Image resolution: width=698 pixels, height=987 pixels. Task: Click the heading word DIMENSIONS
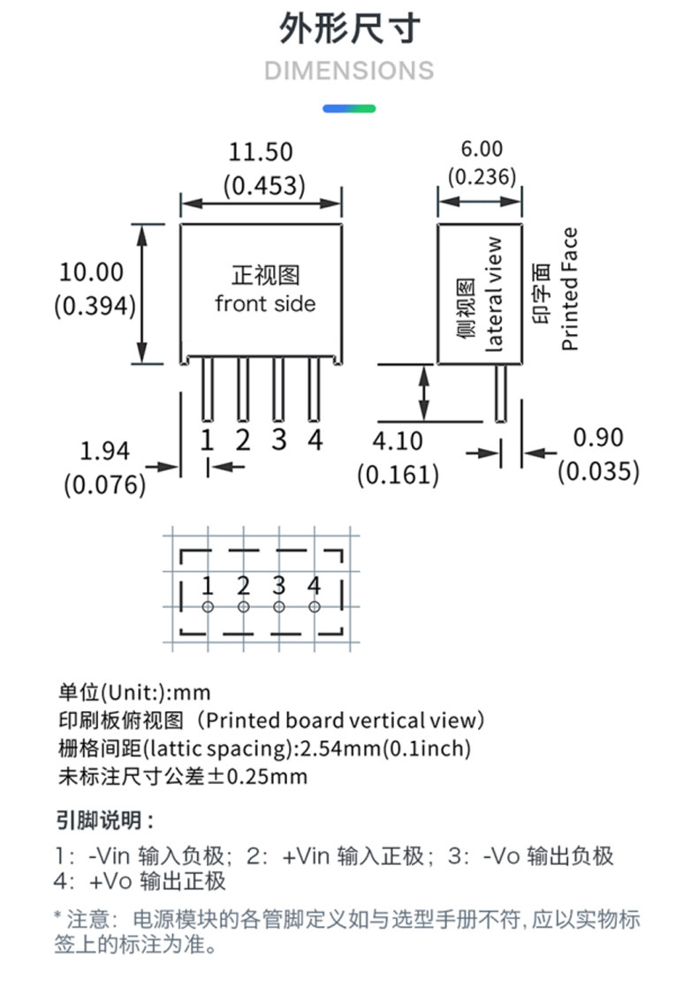coord(349,70)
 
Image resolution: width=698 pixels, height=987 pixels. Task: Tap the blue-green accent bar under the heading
coord(349,109)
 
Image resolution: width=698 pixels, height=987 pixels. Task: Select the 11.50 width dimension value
coord(261,152)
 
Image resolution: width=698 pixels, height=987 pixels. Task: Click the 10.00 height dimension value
coord(92,272)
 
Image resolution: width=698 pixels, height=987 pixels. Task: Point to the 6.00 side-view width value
coord(481,148)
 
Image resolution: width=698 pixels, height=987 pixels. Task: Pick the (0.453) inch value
coord(263,186)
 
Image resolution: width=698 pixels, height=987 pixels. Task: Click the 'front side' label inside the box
coord(265,304)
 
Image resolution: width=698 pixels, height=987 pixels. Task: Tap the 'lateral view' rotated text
coord(493,293)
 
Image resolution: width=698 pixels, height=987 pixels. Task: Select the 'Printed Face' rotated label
coord(570,289)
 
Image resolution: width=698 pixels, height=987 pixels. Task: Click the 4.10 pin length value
coord(398,440)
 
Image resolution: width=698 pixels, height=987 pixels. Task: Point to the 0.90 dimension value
coord(598,437)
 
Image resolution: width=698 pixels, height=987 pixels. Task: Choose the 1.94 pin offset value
coord(104,452)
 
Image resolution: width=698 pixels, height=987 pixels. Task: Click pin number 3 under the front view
coord(279,438)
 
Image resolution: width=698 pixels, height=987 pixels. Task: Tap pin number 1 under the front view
coord(207,438)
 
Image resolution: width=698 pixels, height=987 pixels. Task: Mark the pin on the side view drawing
coord(500,392)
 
